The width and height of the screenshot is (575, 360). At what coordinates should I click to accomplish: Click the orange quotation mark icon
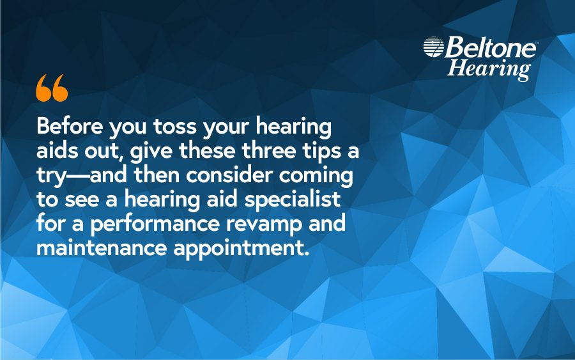(52, 88)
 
